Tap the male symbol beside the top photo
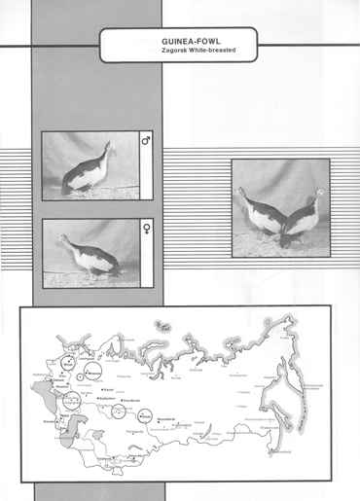(x=147, y=142)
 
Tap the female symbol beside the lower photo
(x=147, y=230)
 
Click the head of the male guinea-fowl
(x=110, y=147)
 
